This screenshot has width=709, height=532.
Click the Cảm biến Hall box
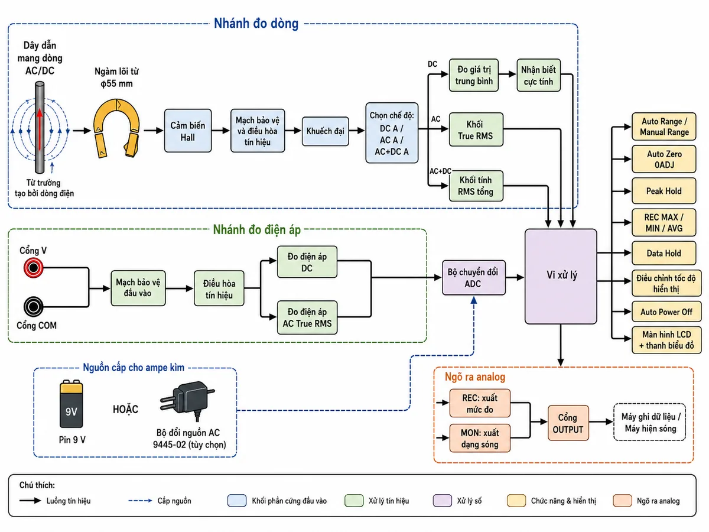point(188,131)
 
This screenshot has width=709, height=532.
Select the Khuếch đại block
point(326,131)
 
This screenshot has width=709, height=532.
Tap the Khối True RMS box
point(476,129)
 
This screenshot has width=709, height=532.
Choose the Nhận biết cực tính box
point(538,75)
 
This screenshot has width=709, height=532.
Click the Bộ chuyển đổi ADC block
point(473,277)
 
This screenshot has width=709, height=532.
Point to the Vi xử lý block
point(561,276)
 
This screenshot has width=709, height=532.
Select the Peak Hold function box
point(664,191)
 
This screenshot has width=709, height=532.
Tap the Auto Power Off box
point(666,312)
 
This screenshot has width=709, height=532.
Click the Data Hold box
point(664,253)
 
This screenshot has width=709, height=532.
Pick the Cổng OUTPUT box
point(568,423)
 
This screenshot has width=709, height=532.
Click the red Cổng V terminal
point(33,268)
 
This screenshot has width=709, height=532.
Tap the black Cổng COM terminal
point(33,307)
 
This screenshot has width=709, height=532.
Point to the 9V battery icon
point(71,404)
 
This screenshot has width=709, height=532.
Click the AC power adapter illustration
point(187,401)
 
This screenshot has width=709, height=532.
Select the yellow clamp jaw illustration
point(116,128)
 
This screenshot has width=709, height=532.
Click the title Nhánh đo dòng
point(256,24)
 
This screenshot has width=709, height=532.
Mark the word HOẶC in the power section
point(125,409)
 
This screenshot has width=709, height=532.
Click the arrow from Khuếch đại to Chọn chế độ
point(357,131)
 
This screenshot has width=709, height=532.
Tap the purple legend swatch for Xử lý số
point(442,501)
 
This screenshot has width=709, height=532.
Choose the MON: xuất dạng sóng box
point(480,439)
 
